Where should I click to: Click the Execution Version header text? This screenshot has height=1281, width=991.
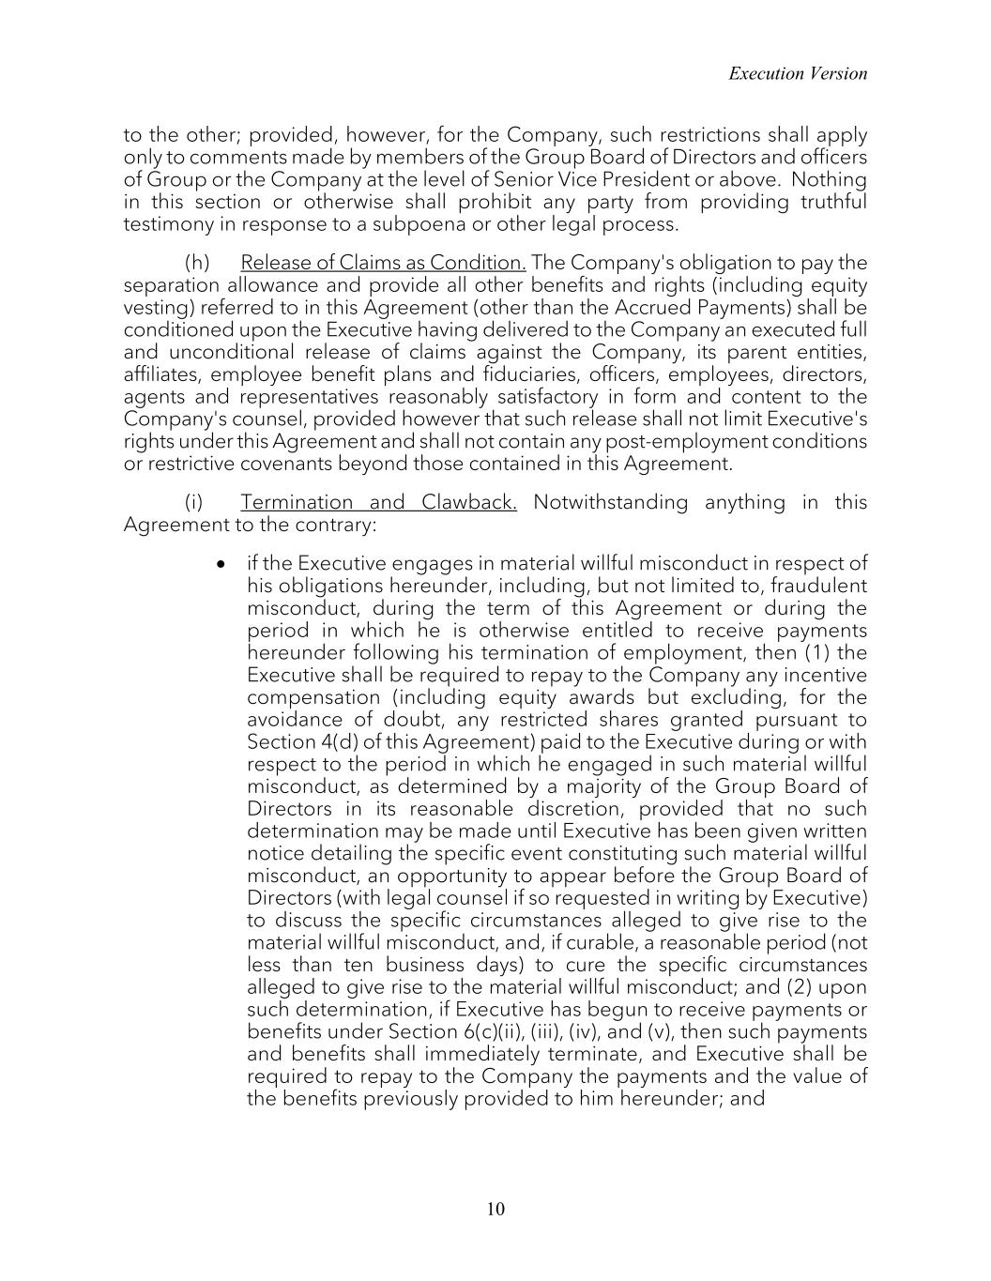pyautogui.click(x=798, y=73)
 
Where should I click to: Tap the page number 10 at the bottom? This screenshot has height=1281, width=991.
pyautogui.click(x=495, y=1209)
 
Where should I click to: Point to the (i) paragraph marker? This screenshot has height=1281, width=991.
pyautogui.click(x=193, y=502)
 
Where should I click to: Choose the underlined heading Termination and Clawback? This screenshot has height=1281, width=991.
pyautogui.click(x=379, y=502)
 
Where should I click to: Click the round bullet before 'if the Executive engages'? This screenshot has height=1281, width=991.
pyautogui.click(x=221, y=564)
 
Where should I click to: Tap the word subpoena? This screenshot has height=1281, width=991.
pyautogui.click(x=489, y=224)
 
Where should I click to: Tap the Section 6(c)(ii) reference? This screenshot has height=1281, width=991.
pyautogui.click(x=453, y=1031)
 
